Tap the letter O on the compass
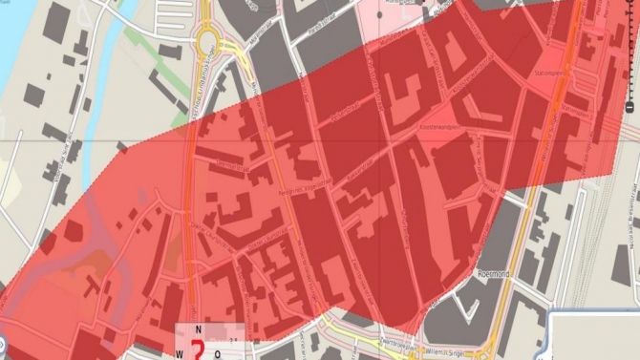click(x=218, y=350)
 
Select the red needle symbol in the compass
click(x=198, y=349)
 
